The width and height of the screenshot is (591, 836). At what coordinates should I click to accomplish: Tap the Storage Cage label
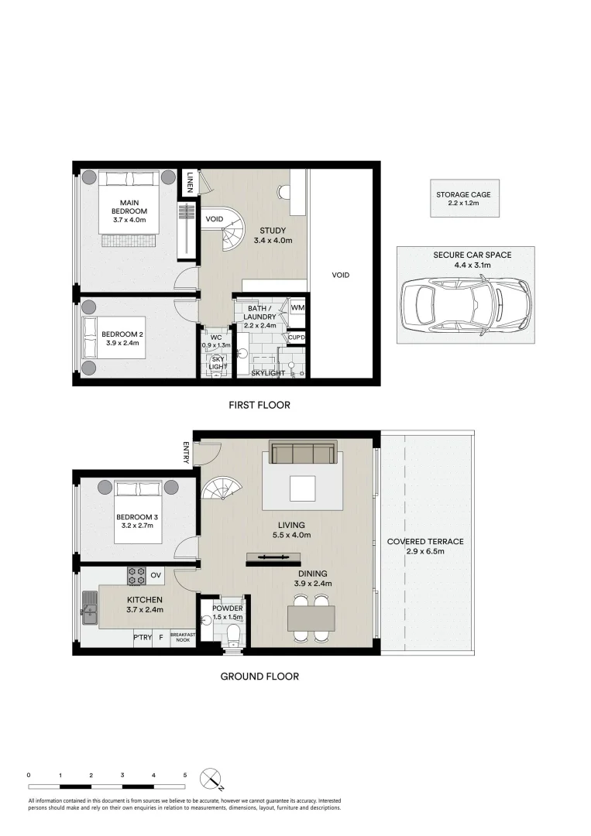tap(464, 194)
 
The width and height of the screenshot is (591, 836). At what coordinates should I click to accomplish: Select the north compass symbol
tap(211, 778)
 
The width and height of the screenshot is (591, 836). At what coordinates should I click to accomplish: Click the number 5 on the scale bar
tap(185, 774)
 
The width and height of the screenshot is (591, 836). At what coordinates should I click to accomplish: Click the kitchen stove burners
tap(136, 575)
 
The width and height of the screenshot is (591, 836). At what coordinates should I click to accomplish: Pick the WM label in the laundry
tap(297, 308)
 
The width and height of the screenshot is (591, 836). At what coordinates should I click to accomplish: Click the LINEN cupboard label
tap(189, 183)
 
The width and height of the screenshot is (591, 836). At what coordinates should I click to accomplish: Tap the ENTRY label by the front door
tap(186, 453)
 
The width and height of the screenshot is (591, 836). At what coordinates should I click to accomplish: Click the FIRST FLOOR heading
tap(259, 405)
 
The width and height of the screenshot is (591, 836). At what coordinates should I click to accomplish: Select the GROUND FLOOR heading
tap(259, 676)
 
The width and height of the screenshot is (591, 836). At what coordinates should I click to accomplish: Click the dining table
tap(311, 619)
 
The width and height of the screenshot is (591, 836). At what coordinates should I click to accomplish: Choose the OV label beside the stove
tap(156, 575)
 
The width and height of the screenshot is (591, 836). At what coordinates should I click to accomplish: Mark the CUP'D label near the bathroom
tap(296, 337)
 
